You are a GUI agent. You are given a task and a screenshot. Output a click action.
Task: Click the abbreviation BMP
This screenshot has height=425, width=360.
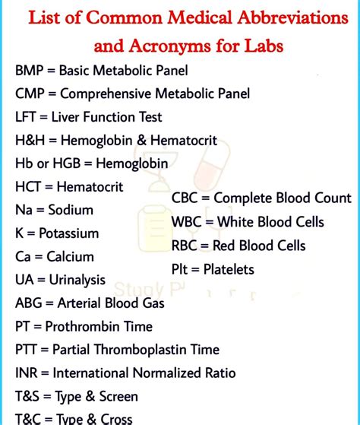(x=30, y=71)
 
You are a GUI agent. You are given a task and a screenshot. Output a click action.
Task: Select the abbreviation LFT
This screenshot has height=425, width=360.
(x=27, y=118)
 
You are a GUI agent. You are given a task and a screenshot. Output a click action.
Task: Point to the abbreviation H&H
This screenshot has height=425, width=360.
(x=30, y=141)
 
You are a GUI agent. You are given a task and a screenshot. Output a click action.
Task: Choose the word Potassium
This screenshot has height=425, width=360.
(x=77, y=233)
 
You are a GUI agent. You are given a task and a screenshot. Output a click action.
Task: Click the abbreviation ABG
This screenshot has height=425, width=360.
(x=30, y=303)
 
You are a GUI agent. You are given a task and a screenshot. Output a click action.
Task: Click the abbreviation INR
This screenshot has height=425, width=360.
(x=27, y=373)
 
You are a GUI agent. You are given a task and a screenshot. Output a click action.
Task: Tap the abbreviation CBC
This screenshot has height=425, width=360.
(x=188, y=198)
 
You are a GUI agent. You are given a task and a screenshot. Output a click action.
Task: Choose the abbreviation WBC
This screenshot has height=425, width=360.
(x=188, y=222)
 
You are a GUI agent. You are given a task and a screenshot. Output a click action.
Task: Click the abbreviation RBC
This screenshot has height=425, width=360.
(x=187, y=246)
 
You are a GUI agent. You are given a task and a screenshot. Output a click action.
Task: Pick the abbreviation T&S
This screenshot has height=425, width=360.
(x=28, y=396)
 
